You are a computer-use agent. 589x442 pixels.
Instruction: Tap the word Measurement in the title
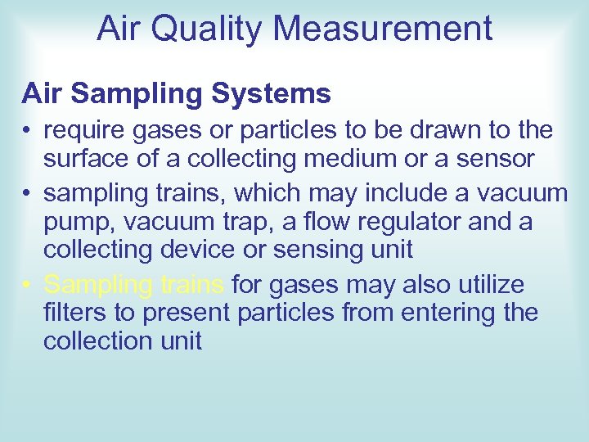coord(383,29)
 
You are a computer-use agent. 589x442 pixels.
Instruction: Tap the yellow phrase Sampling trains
coord(133,285)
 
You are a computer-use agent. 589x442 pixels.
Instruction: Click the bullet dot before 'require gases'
coord(28,131)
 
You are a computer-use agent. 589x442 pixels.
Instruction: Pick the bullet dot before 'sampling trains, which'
coord(28,194)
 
